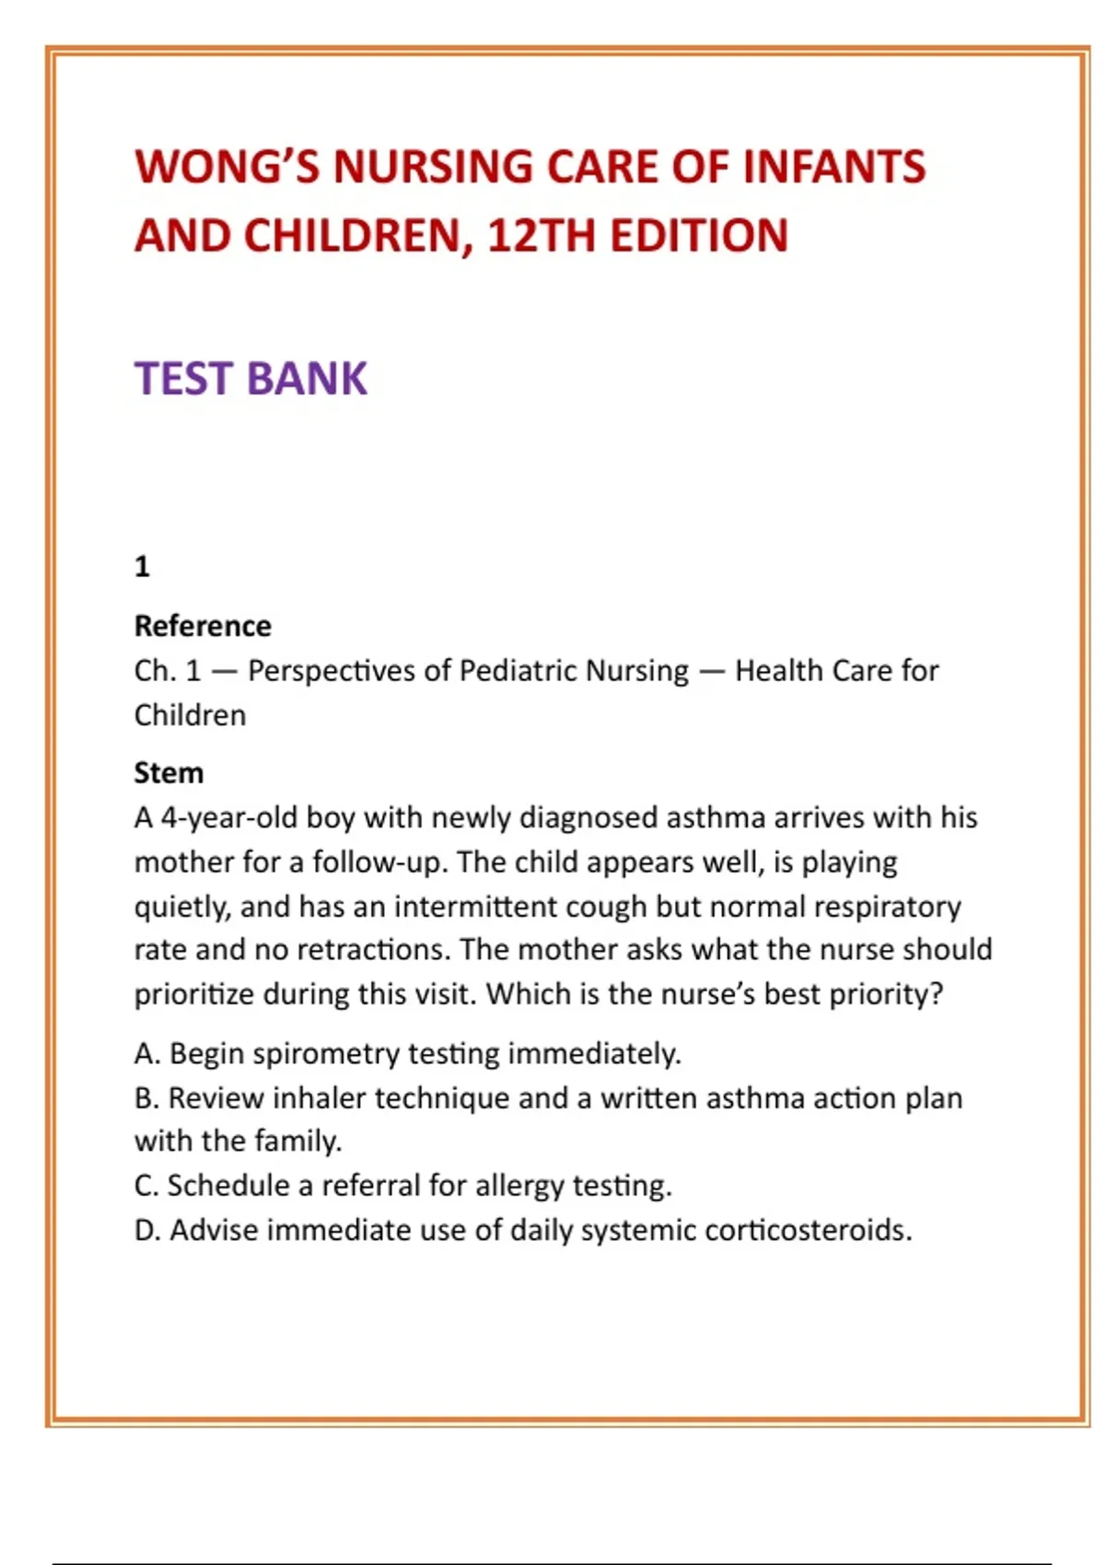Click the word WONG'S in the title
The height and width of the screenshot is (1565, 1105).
[227, 168]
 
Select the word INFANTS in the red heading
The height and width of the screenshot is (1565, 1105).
[833, 168]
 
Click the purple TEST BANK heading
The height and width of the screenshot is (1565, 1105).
[250, 378]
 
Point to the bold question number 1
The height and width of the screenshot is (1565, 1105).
[142, 566]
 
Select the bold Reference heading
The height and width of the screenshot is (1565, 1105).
[203, 626]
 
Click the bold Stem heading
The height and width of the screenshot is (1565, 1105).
[169, 772]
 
